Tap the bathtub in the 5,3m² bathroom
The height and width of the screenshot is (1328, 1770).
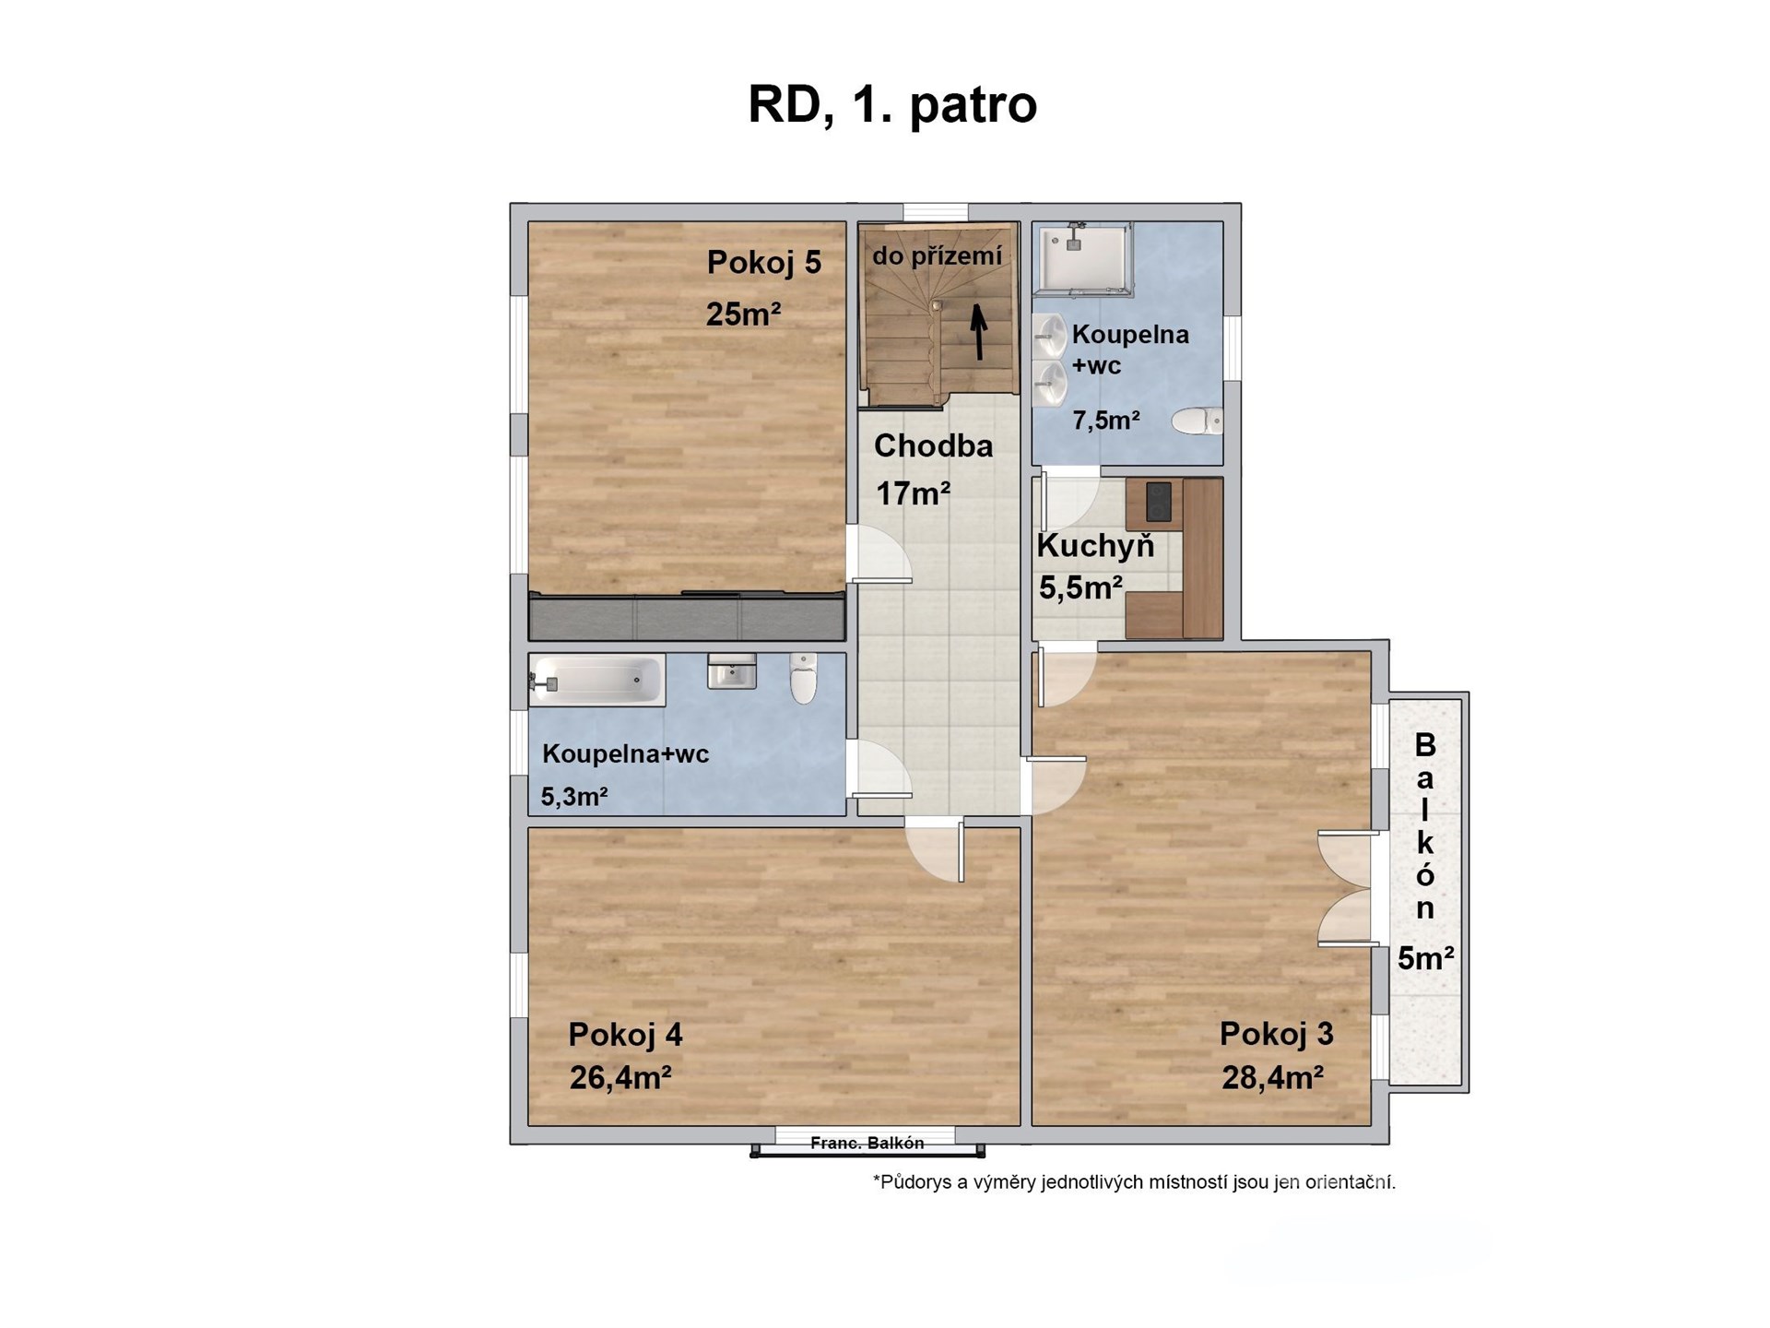pyautogui.click(x=597, y=681)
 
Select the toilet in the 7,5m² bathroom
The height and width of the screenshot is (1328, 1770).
pyautogui.click(x=1197, y=421)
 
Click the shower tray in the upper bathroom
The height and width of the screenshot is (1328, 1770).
pyautogui.click(x=1084, y=258)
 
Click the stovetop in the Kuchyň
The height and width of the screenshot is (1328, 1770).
pyautogui.click(x=1158, y=503)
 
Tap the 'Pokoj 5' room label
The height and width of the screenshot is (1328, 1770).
pyautogui.click(x=763, y=263)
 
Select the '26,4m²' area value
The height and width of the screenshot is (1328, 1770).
pyautogui.click(x=619, y=1077)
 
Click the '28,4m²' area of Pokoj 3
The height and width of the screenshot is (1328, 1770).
pyautogui.click(x=1272, y=1077)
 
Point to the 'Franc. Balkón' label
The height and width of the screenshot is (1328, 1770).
pyautogui.click(x=867, y=1144)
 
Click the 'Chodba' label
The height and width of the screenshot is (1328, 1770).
pyautogui.click(x=933, y=446)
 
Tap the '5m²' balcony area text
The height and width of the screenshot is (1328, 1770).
pyautogui.click(x=1425, y=959)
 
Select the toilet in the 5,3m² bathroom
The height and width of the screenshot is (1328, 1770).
pyautogui.click(x=803, y=678)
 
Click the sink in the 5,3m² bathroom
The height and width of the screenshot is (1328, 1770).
pyautogui.click(x=732, y=671)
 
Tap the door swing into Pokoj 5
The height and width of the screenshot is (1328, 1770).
pyautogui.click(x=879, y=553)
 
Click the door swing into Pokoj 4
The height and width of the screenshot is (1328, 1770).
pyautogui.click(x=934, y=849)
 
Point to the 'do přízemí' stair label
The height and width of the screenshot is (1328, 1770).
pyautogui.click(x=937, y=255)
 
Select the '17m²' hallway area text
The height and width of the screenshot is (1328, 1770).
pyautogui.click(x=913, y=494)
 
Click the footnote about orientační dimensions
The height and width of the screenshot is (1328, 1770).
pyautogui.click(x=1134, y=1182)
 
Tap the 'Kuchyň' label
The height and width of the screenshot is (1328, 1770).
pyautogui.click(x=1095, y=546)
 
